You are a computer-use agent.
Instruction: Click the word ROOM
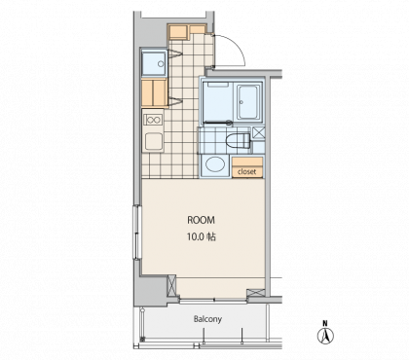pyautogui.click(x=201, y=220)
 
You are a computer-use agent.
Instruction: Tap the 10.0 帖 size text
pyautogui.click(x=202, y=237)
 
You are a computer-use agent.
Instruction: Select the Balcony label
pyautogui.click(x=207, y=319)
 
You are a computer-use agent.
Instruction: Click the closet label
pyautogui.click(x=246, y=172)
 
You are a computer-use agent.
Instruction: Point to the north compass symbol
pyautogui.click(x=325, y=334)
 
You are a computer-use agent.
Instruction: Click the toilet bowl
pyautogui.click(x=239, y=141)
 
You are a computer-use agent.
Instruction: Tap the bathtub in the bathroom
pyautogui.click(x=248, y=102)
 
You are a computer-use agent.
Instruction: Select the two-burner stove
pyautogui.click(x=153, y=120)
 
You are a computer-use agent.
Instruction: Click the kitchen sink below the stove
pyautogui.click(x=154, y=141)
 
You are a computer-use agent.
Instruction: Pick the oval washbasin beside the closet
pyautogui.click(x=215, y=164)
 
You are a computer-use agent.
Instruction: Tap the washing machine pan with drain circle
pyautogui.click(x=154, y=63)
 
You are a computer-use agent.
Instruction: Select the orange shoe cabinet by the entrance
pyautogui.click(x=187, y=32)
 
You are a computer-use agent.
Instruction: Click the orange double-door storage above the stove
pyautogui.click(x=154, y=92)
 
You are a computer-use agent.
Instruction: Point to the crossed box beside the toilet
pyautogui.click(x=259, y=133)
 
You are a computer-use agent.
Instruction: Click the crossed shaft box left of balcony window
pyautogui.click(x=171, y=285)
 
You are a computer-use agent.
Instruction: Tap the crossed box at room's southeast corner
pyautogui.click(x=256, y=293)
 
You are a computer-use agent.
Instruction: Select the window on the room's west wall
pyautogui.click(x=137, y=233)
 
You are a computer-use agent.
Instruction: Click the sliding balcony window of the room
pyautogui.click(x=213, y=301)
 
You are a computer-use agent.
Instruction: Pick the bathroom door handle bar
pyautogui.click(x=217, y=123)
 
